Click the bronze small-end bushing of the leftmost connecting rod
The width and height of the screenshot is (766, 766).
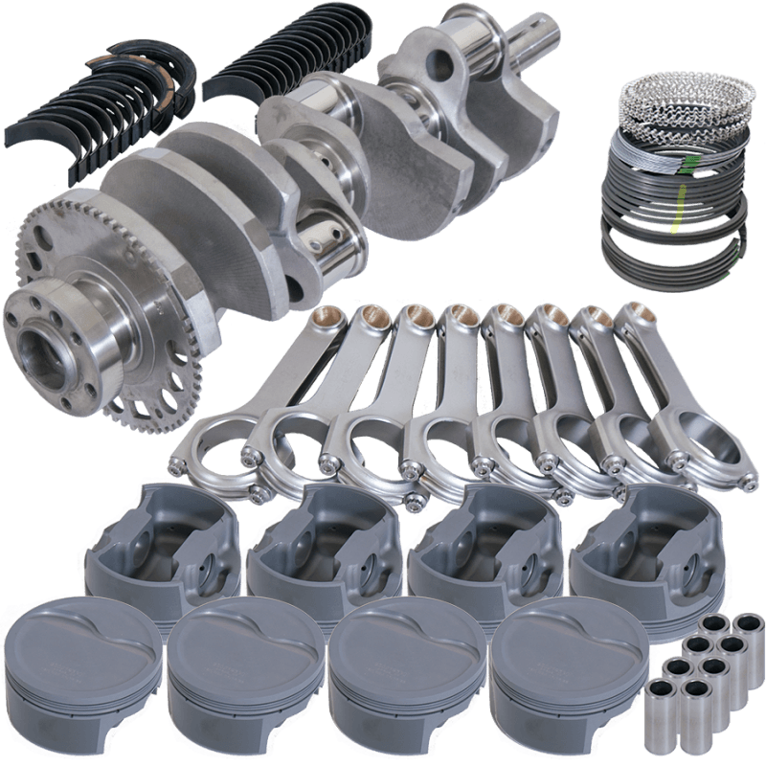(327, 319)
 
